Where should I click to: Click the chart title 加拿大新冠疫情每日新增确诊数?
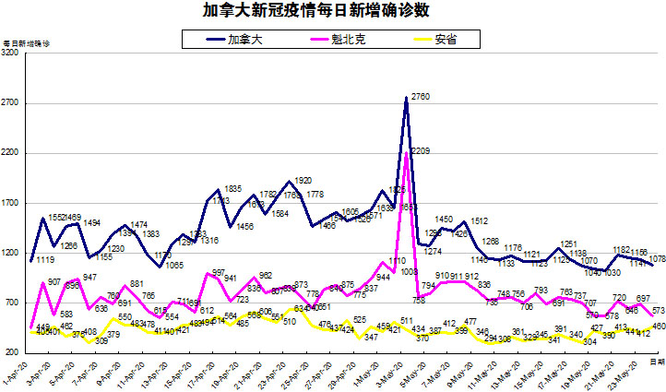333,12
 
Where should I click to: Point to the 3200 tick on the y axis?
12,53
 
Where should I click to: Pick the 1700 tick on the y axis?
12,203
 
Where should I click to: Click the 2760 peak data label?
421,96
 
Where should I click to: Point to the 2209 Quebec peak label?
421,150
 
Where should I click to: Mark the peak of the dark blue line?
406,98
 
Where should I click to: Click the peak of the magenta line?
406,152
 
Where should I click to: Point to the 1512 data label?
479,221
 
